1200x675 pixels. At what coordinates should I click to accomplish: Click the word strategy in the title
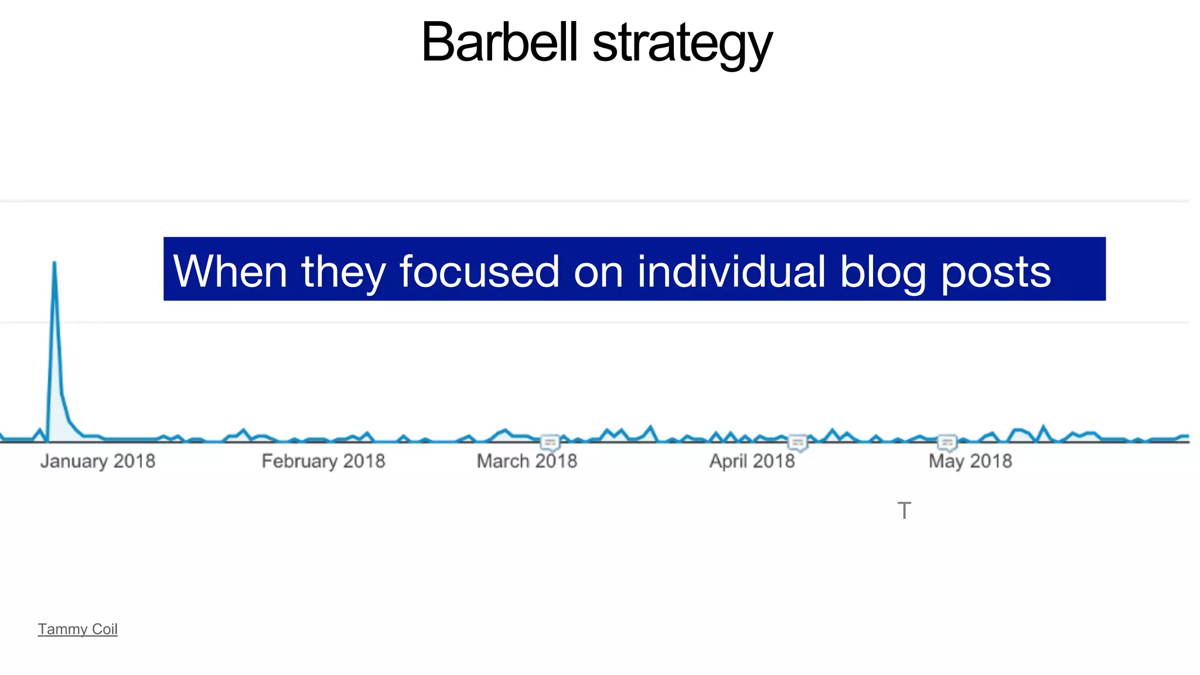coord(682,45)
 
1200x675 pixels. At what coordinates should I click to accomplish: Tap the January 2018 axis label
coord(98,461)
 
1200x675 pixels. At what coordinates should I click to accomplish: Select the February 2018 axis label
coord(323,461)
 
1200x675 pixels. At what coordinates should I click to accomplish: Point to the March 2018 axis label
coord(527,461)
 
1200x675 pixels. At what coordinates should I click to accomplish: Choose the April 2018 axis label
coord(752,461)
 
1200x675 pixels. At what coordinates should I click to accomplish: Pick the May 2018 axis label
coord(970,461)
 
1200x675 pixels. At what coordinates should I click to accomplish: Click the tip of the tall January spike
coord(54,262)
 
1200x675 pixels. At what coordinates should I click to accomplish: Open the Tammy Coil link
coord(77,629)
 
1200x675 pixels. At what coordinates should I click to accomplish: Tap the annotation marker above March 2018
coord(550,442)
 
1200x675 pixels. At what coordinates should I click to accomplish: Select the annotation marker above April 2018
coord(798,442)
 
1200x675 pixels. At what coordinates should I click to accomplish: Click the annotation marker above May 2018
coord(947,442)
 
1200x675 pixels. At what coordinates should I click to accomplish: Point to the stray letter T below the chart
coord(904,510)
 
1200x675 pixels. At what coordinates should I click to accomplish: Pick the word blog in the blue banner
coord(883,272)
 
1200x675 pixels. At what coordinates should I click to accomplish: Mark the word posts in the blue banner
coord(996,272)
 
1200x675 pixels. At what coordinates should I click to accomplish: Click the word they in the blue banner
coord(343,272)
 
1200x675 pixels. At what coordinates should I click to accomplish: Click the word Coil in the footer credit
coord(105,629)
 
